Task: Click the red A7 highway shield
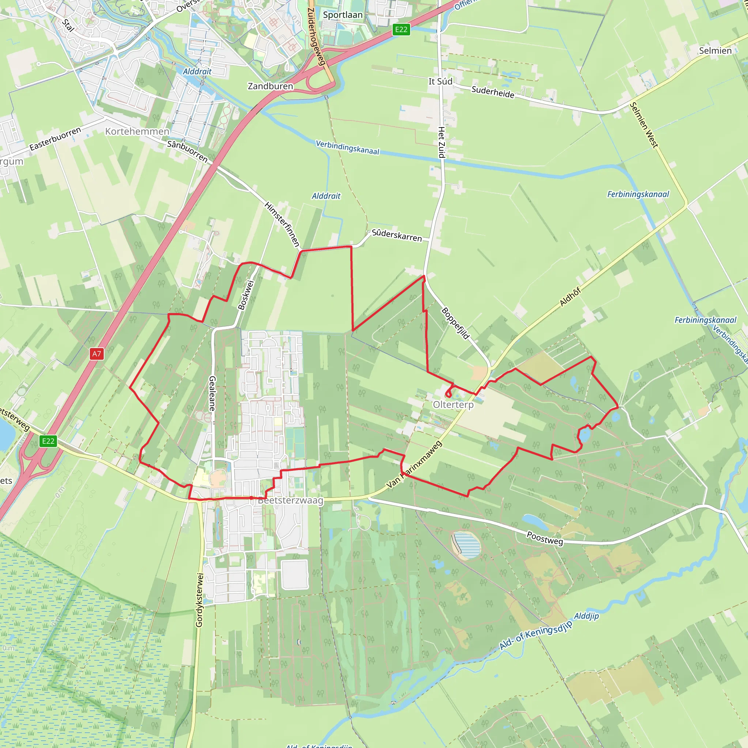coord(96,354)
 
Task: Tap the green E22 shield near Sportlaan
coord(401,30)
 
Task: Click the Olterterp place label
coord(453,405)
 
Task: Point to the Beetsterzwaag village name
coord(290,500)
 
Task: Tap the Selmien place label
coord(715,51)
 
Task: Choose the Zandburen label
coord(270,86)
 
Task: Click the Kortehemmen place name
coord(137,131)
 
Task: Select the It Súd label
coord(440,81)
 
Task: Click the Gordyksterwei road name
coord(199,600)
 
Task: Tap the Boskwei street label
coord(246,295)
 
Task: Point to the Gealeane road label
coord(212,393)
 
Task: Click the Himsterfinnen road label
coord(282,224)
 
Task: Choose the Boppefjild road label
coord(456,323)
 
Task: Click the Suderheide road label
coord(493,92)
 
